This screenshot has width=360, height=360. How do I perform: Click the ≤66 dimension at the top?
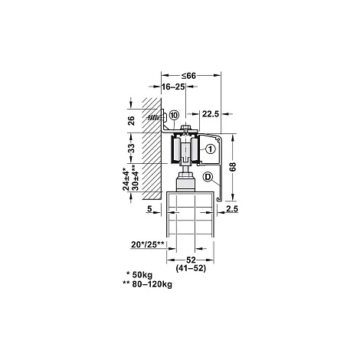(188, 76)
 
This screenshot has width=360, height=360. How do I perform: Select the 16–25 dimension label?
(173, 87)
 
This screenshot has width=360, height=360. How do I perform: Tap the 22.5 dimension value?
(211, 114)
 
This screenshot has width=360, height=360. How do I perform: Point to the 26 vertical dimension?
(131, 121)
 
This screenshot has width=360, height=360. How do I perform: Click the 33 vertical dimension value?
(131, 148)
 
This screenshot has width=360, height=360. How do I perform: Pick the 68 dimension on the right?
(233, 166)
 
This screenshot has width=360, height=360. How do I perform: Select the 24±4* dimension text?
(126, 178)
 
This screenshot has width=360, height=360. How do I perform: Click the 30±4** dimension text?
(135, 178)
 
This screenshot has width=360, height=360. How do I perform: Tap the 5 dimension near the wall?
(149, 208)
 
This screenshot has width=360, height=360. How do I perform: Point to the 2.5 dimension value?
(232, 208)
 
